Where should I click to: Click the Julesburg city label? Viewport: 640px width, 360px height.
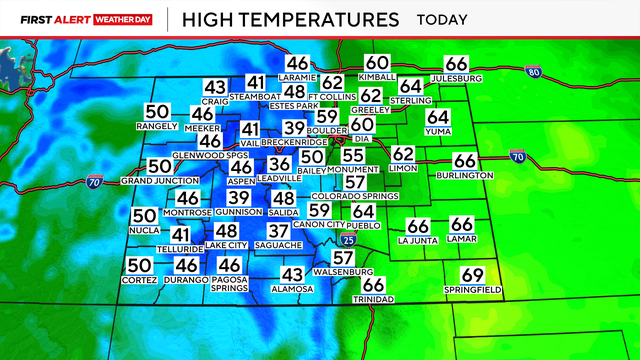click(456, 78)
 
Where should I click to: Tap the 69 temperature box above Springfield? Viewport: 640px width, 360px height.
click(472, 275)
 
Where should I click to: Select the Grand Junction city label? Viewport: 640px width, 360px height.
click(157, 181)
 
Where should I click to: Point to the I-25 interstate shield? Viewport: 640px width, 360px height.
click(345, 240)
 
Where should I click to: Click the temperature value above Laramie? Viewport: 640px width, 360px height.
click(298, 62)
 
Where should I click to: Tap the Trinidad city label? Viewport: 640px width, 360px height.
click(373, 300)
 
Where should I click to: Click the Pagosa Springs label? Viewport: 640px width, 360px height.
click(230, 284)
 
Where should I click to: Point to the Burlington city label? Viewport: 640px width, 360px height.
click(465, 175)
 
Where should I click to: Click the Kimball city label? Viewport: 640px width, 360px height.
click(377, 77)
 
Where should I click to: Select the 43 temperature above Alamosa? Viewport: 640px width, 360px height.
click(292, 274)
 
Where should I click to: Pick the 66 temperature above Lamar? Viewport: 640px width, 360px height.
click(462, 225)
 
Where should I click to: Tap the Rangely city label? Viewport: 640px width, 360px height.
click(157, 126)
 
